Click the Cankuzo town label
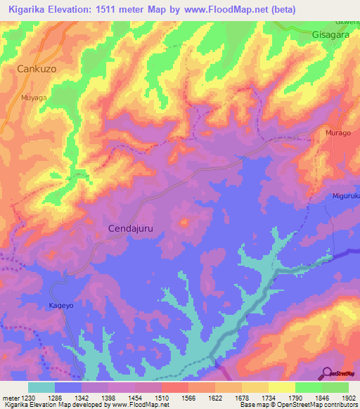[37, 69]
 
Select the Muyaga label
[34, 98]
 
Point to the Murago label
[338, 132]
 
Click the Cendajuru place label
[130, 228]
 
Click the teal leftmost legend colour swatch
[41, 387]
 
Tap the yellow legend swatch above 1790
[281, 387]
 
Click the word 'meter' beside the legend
[9, 398]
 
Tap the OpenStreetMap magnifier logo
[328, 372]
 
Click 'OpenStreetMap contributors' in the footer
[316, 405]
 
